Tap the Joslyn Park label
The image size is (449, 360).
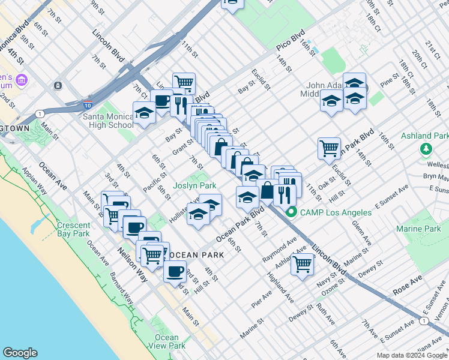coord(194,186)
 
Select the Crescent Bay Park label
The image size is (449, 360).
coord(73,229)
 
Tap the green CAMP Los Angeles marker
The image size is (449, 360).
coord(292,212)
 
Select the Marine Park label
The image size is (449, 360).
coord(418,229)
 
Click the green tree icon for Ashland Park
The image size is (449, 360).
coord(426,148)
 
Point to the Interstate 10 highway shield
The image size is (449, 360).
coord(88,106)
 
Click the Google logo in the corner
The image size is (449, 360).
coord(20,353)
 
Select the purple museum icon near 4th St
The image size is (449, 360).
coord(22,80)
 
